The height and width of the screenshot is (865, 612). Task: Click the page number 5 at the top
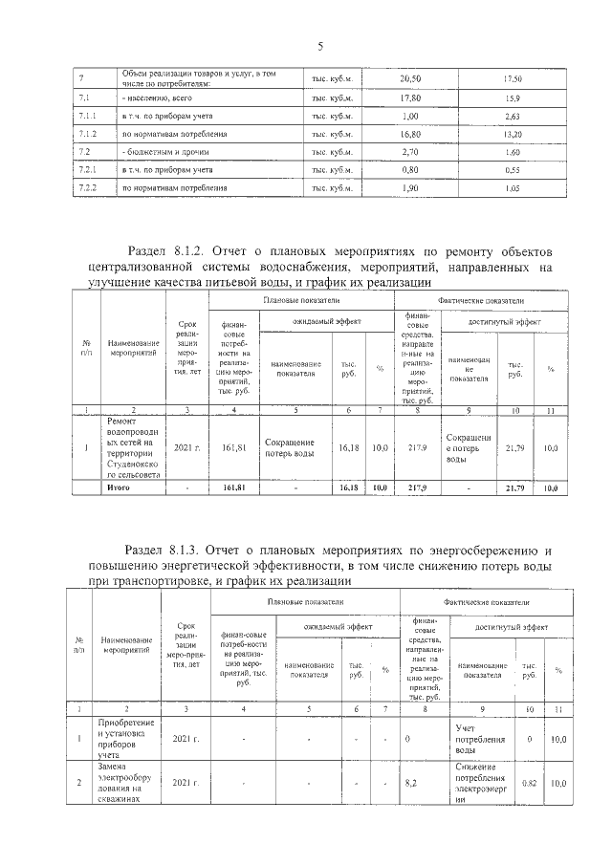pos(320,47)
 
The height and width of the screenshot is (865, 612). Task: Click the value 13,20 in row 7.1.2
pos(512,134)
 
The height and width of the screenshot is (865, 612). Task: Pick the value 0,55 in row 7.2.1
pos(512,170)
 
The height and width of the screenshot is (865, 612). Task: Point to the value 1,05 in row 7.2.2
pos(512,188)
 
